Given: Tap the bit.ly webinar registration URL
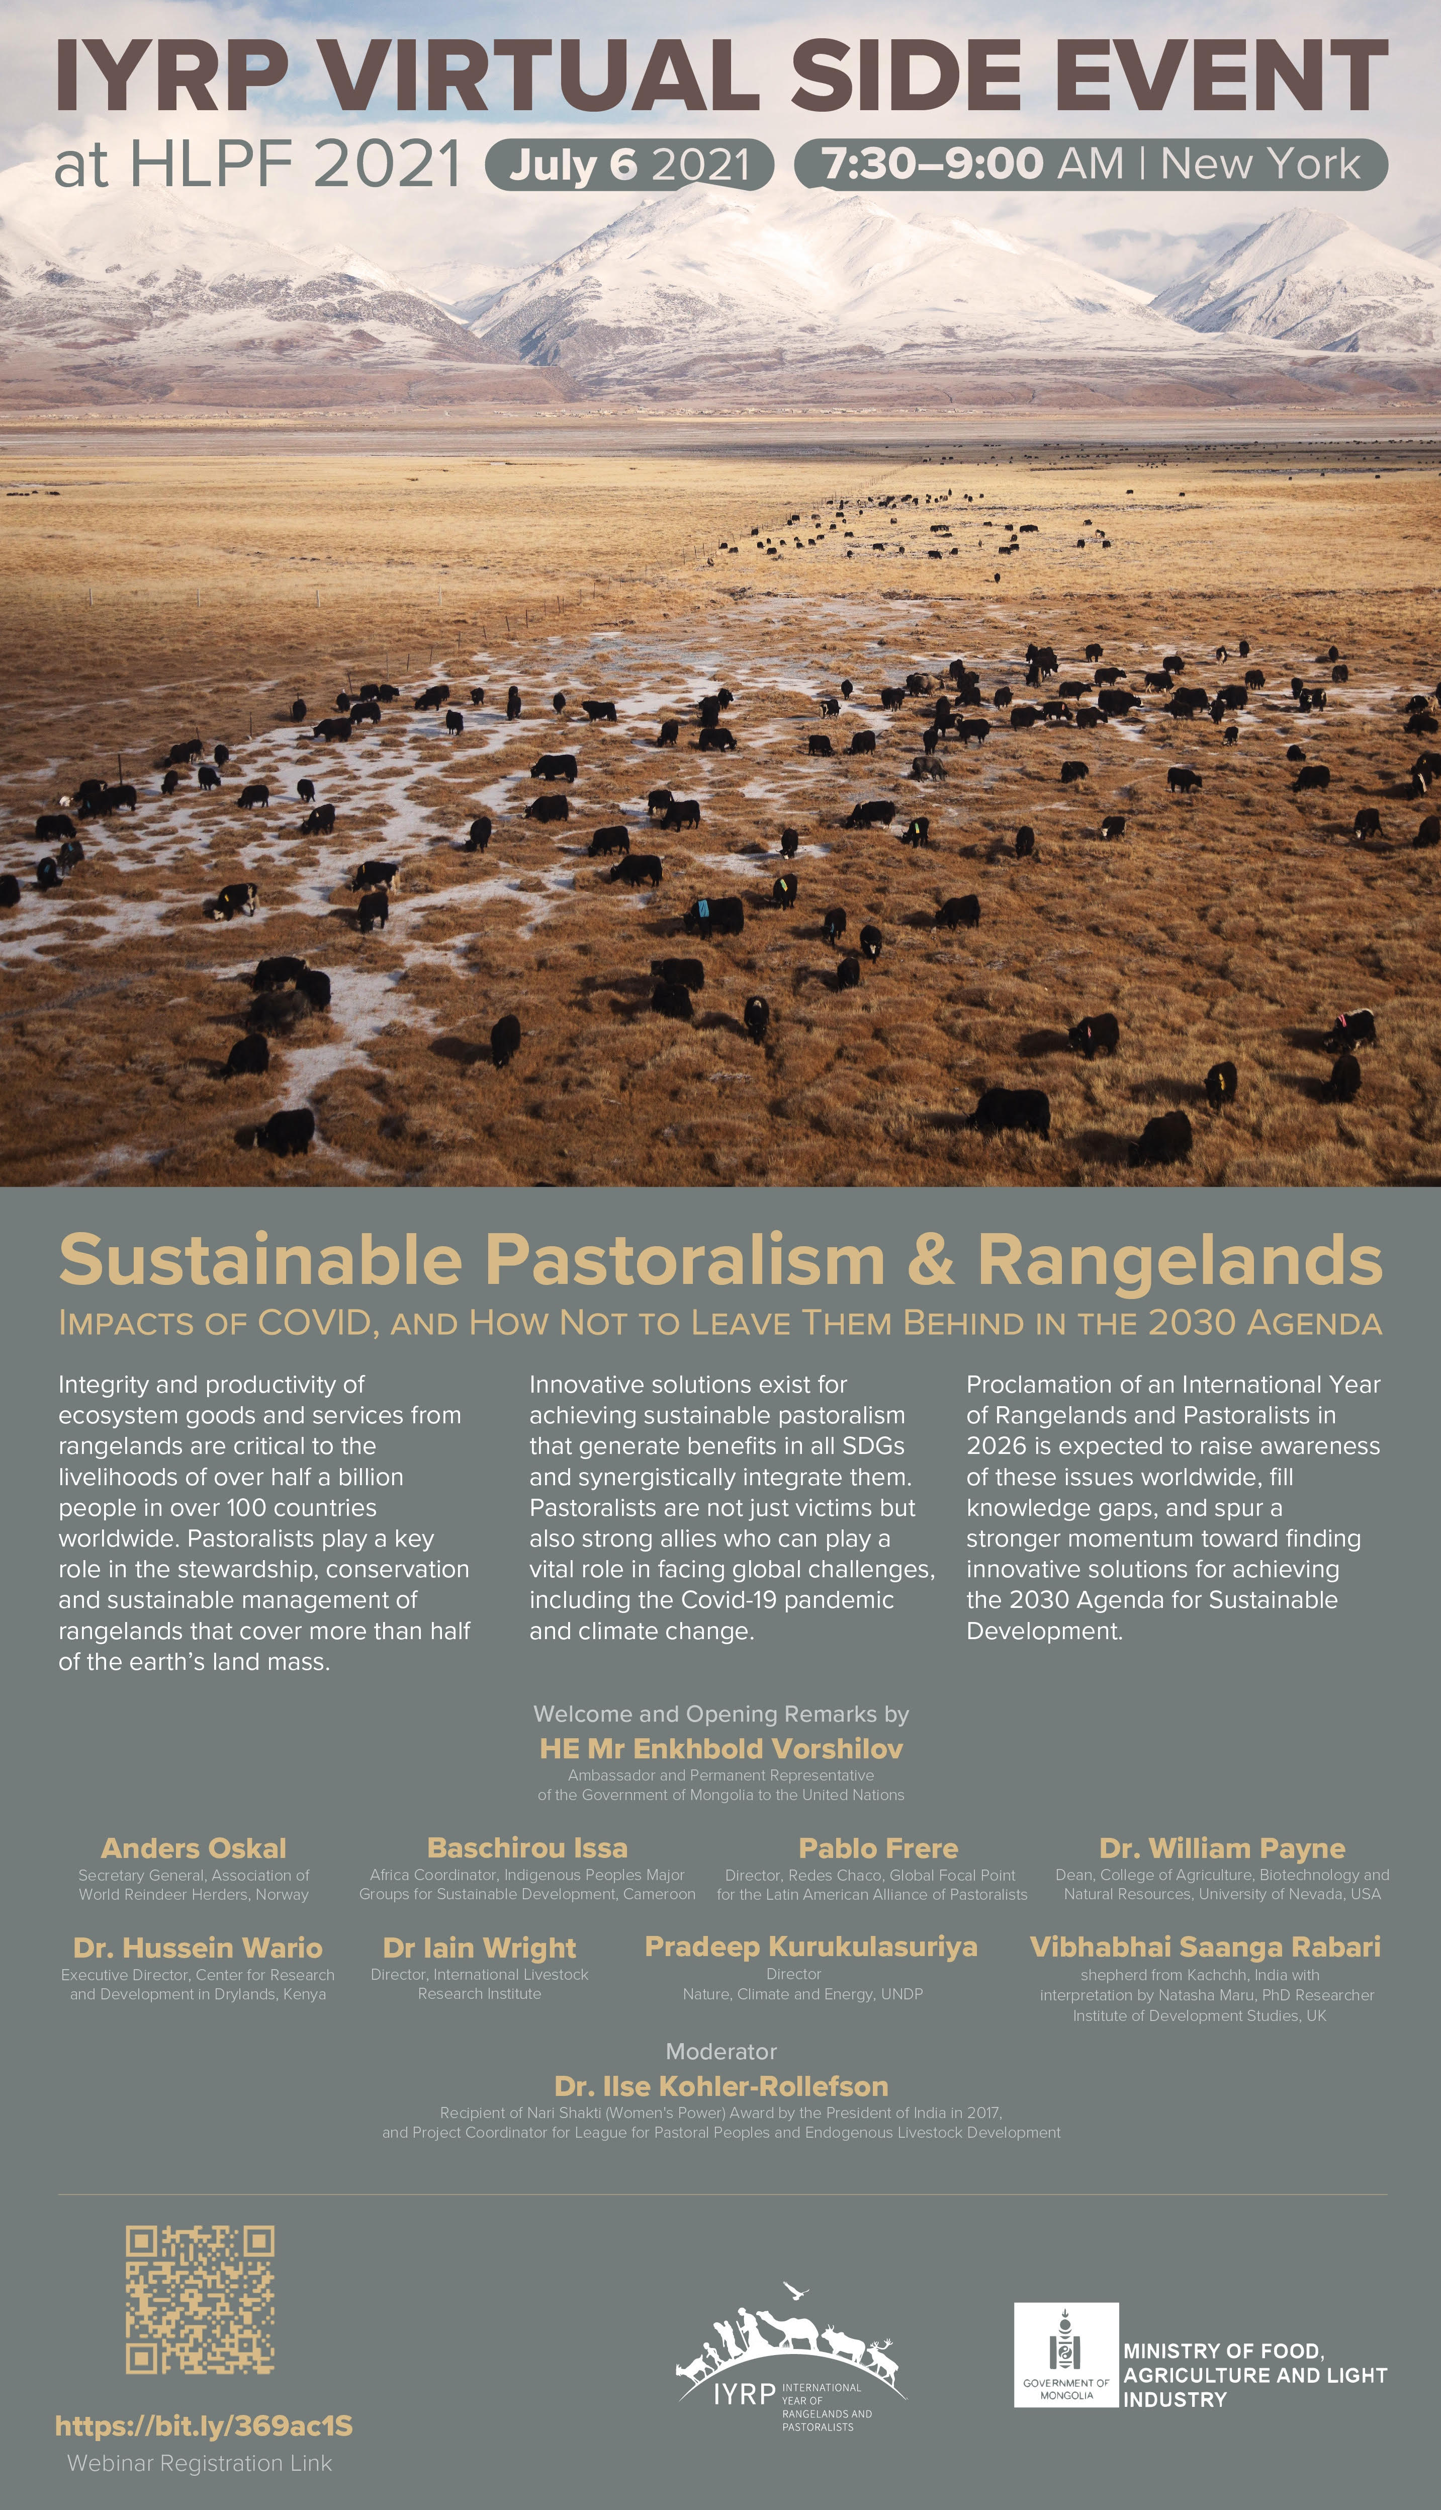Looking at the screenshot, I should (x=204, y=2426).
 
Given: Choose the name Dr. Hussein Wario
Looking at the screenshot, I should (x=198, y=1948).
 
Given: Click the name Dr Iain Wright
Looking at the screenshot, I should (x=479, y=1948).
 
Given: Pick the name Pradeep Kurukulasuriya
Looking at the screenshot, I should (x=810, y=1947).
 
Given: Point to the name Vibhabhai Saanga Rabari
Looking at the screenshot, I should (x=1205, y=1947).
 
